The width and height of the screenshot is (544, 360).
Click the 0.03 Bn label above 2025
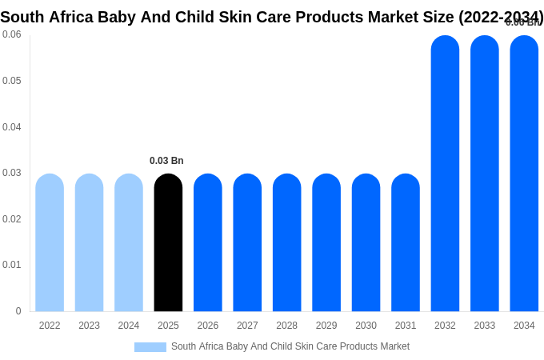tap(166, 161)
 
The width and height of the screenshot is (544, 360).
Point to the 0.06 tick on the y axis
tap(12, 34)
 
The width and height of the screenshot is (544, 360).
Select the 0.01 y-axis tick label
tap(12, 265)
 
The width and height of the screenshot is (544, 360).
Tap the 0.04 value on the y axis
tap(12, 126)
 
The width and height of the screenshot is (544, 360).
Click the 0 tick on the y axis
tap(18, 311)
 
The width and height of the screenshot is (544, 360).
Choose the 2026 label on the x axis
tap(208, 326)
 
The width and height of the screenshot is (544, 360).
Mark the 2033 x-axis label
tap(485, 326)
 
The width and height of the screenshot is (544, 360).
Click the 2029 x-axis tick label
tap(326, 326)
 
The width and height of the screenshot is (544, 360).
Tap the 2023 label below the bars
tap(89, 326)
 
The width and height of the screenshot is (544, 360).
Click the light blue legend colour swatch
tap(150, 347)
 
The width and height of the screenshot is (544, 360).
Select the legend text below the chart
tap(290, 346)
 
